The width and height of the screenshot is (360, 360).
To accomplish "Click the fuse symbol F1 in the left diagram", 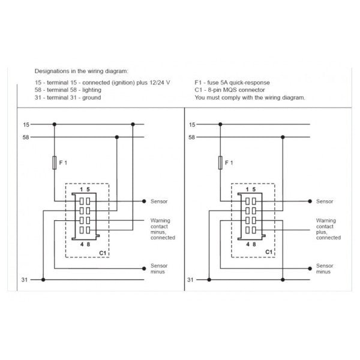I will click(55, 163).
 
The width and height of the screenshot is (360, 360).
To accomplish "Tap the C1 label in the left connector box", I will click(103, 253).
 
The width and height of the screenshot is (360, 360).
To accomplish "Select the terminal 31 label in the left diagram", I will click(24, 280).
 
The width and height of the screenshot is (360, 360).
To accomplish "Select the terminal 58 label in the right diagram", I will click(191, 137).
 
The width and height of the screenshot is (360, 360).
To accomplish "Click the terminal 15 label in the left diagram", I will click(25, 125).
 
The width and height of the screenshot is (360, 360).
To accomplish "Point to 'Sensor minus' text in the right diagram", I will click(325, 268).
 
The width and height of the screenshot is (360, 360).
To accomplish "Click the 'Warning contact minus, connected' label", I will click(162, 229).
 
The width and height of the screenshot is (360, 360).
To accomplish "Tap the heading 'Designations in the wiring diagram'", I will click(81, 70).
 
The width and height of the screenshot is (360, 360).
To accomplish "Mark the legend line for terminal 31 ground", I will click(68, 97).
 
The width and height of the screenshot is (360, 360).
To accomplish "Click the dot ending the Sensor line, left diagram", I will click(145, 202).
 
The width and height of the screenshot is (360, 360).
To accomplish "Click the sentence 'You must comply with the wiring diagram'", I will click(250, 97).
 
